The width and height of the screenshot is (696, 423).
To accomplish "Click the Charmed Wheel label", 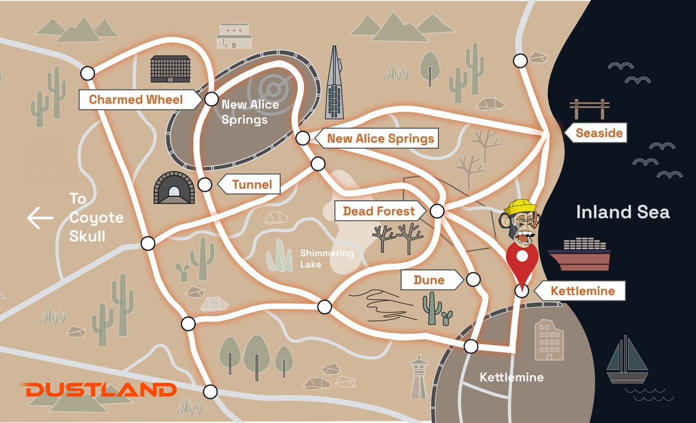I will tap(136, 100).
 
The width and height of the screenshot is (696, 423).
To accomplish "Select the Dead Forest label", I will tap(379, 211).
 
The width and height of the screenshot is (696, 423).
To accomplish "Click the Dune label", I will tap(429, 280).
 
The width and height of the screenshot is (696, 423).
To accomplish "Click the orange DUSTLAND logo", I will tap(100, 389).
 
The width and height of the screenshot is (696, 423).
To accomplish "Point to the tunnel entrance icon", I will tap(172, 187).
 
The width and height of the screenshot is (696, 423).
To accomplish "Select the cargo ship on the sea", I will tap(579, 253).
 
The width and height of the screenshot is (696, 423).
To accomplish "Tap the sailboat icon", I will tap(626, 359).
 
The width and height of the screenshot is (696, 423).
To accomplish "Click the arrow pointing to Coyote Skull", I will tap(40, 218).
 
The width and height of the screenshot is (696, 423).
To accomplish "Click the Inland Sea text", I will tap(622, 212).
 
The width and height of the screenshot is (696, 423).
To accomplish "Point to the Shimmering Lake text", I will tap(327, 258).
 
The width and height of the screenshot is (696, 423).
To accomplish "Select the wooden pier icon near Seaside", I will tap(590, 108).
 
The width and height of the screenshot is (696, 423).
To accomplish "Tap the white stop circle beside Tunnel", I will tap(204, 185).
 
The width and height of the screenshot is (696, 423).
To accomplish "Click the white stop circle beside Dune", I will tap(473, 280).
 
